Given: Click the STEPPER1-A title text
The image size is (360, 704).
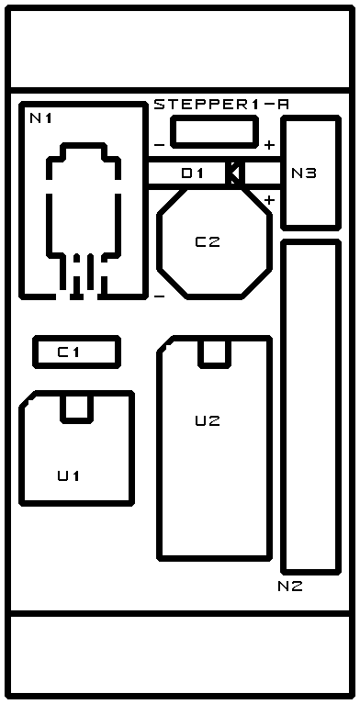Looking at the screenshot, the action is (x=221, y=105).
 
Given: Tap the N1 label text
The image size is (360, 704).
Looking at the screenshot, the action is (x=41, y=118).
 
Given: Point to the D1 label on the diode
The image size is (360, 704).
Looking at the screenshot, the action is (x=192, y=173).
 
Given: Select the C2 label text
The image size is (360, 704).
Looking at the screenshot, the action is (x=208, y=242).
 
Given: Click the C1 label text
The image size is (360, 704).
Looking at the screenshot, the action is (x=68, y=352).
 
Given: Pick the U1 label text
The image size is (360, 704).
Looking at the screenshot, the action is (x=68, y=475).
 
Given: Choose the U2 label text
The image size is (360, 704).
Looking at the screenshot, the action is (x=208, y=420).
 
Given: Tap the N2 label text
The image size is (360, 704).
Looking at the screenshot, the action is (x=290, y=586).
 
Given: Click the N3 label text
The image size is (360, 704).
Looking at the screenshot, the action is (x=304, y=173).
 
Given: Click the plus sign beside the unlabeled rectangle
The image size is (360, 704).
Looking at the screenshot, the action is (x=269, y=145).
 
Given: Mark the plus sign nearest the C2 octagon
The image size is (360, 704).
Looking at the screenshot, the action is (x=269, y=200).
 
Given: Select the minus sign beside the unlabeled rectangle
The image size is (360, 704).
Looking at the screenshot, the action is (x=159, y=145).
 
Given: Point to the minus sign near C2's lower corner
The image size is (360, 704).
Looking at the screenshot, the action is (x=159, y=296).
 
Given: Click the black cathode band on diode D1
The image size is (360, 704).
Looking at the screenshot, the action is (x=235, y=173).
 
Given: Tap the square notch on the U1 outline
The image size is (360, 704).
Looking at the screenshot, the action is (x=76, y=408).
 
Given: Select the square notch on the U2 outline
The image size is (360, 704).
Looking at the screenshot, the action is (x=214, y=353).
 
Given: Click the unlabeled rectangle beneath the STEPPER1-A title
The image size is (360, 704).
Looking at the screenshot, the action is (x=214, y=131).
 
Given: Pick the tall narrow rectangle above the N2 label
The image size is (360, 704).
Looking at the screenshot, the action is (x=310, y=407).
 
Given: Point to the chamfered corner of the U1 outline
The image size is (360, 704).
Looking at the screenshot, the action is (x=28, y=399).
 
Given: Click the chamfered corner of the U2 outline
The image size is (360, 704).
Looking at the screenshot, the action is (x=165, y=344).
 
